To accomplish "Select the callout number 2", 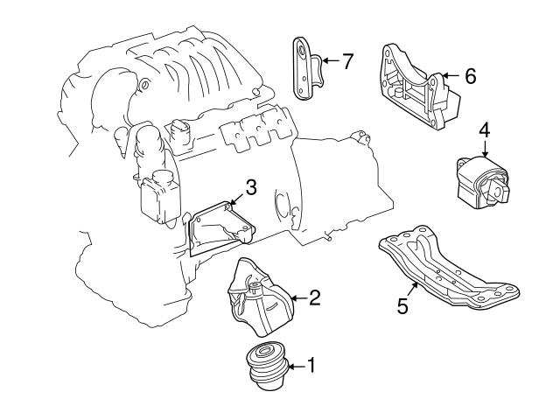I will pos(314,298).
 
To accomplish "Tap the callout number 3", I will pos(250,186).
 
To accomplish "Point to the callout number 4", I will pos(484,129).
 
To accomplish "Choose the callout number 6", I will pos(470,77).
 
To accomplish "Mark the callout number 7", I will pos(347,61).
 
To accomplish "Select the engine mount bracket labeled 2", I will pos(258,298).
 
